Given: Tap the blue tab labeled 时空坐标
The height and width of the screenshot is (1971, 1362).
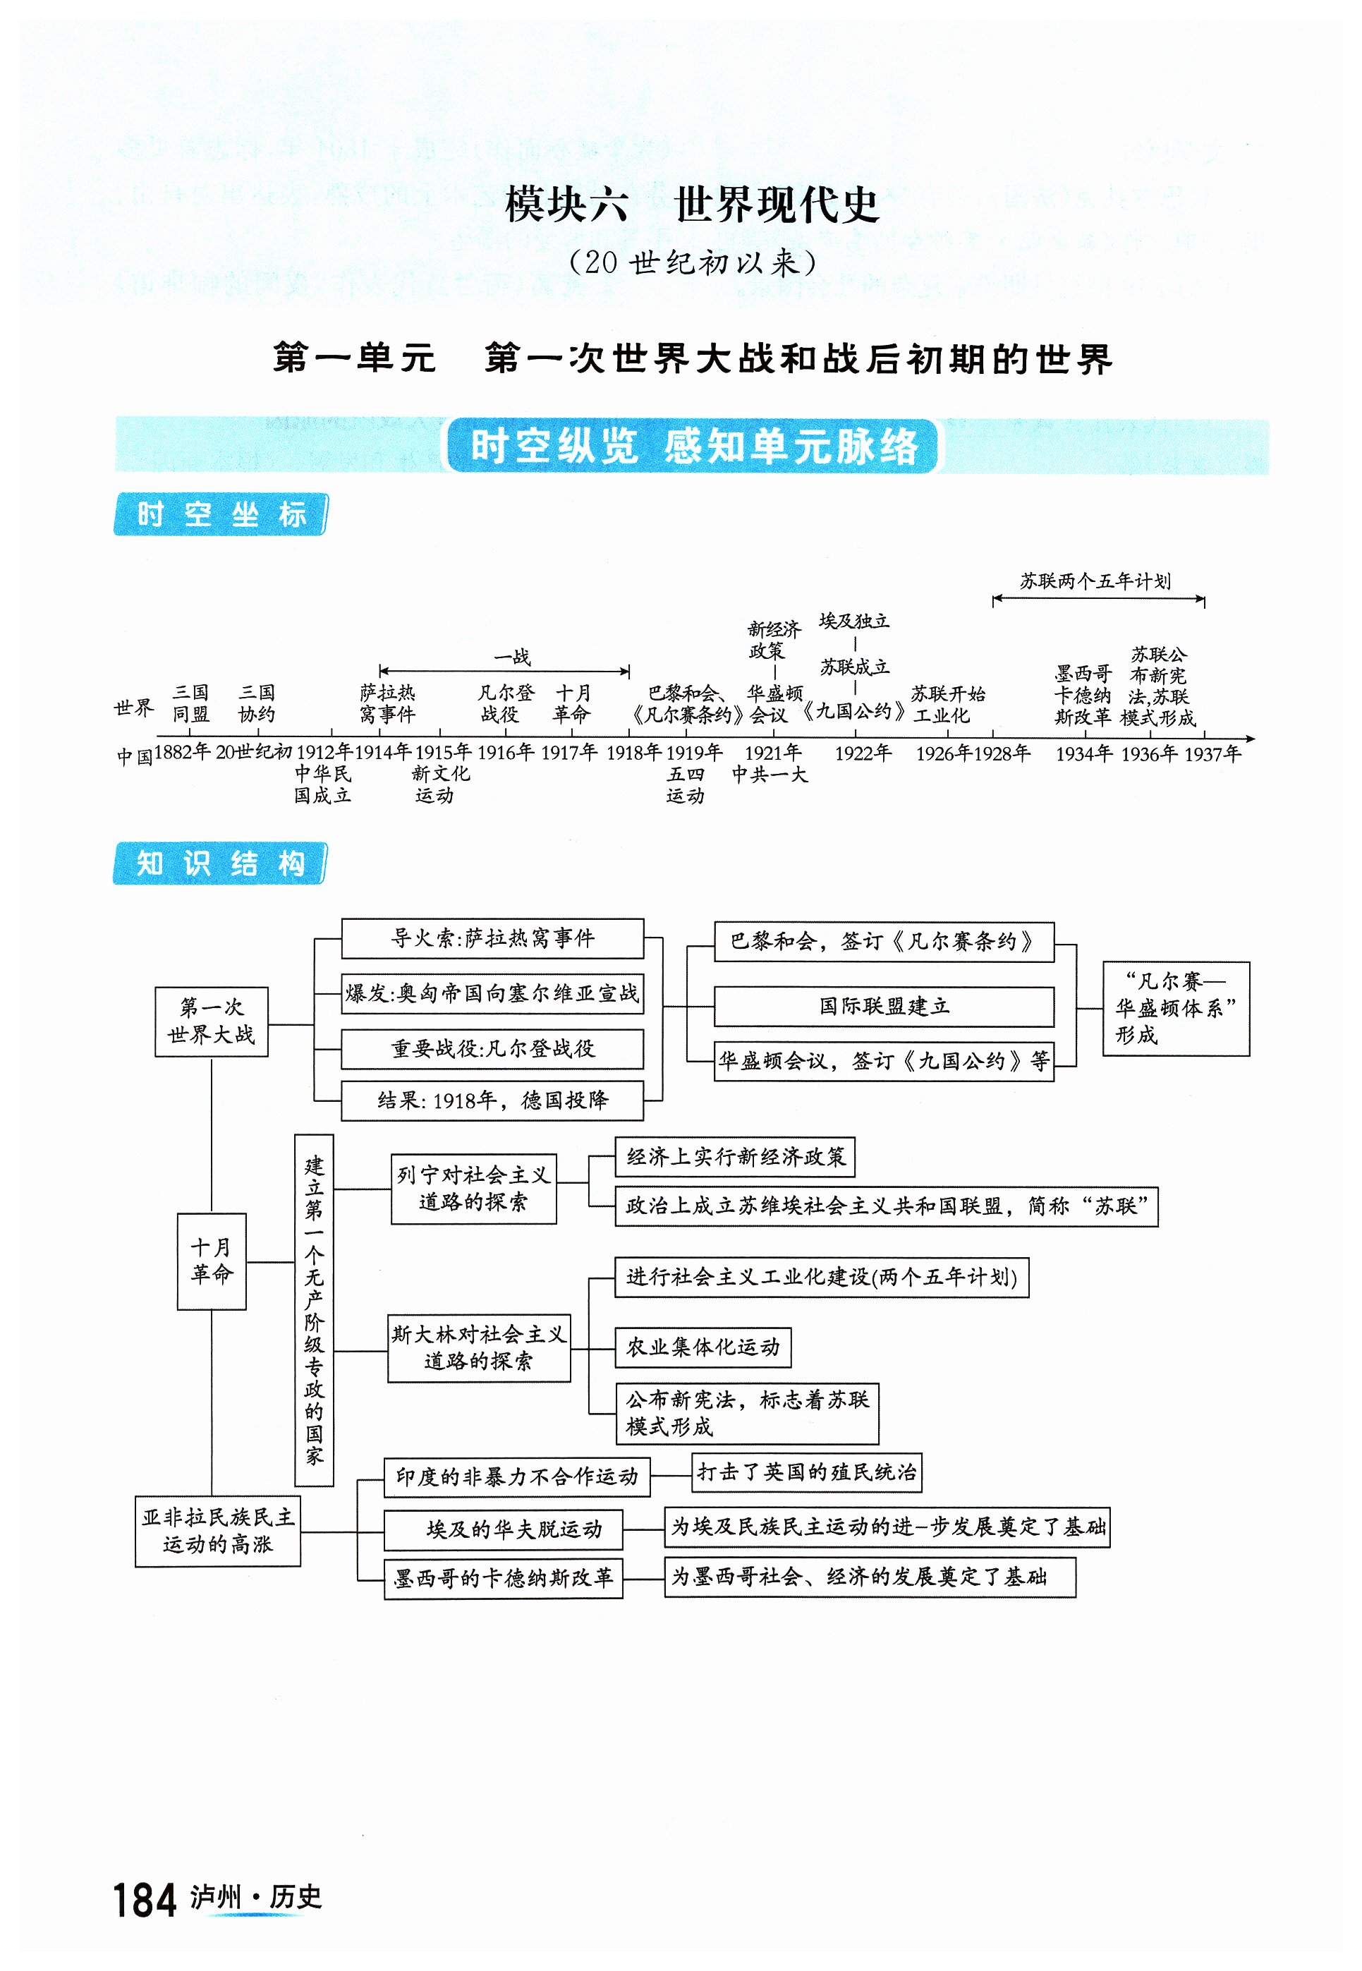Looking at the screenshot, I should (x=220, y=514).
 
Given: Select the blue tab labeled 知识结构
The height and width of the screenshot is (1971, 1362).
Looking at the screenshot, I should (x=220, y=863).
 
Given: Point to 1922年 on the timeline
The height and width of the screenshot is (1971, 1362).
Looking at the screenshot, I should (x=863, y=753).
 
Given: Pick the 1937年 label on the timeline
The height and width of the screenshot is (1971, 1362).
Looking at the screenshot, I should (x=1212, y=753).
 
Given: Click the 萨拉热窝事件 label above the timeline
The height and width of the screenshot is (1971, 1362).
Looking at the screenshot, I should (x=387, y=703).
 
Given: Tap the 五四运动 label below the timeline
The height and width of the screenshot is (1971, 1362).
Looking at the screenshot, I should (x=686, y=785).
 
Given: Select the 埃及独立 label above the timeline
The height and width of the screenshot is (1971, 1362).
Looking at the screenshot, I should (x=853, y=621).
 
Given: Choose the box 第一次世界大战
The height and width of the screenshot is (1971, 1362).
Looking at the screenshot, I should (x=211, y=1021).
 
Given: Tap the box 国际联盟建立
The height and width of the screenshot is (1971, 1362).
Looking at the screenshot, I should (x=883, y=1007).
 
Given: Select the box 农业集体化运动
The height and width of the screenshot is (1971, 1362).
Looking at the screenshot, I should (x=703, y=1347).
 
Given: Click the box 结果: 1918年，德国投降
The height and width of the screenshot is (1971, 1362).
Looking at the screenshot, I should (x=492, y=1100).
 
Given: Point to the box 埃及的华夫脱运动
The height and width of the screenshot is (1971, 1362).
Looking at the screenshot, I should (x=503, y=1529).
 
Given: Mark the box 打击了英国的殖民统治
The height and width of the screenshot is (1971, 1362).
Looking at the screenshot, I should (x=806, y=1473).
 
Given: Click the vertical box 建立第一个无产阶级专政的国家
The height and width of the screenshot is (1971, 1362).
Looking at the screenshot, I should (x=314, y=1310).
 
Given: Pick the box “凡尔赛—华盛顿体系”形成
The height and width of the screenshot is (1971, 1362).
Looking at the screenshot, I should (x=1175, y=1009).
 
